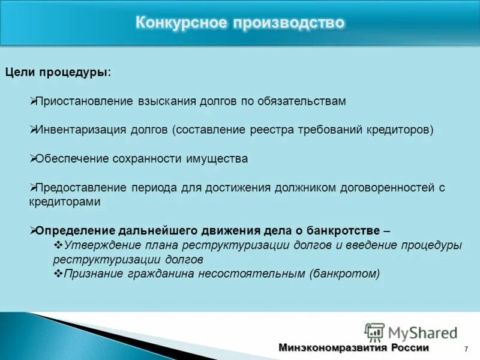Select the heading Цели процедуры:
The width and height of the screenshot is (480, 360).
tap(58, 72)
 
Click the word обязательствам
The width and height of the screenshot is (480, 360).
tap(302, 101)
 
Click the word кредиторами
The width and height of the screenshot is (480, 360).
tap(64, 202)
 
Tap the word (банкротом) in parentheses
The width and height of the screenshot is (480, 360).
tap(345, 274)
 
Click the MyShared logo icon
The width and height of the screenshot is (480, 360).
tap(374, 332)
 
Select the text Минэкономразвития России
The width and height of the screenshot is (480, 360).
tap(353, 348)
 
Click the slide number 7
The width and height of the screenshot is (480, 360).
tap(466, 349)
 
